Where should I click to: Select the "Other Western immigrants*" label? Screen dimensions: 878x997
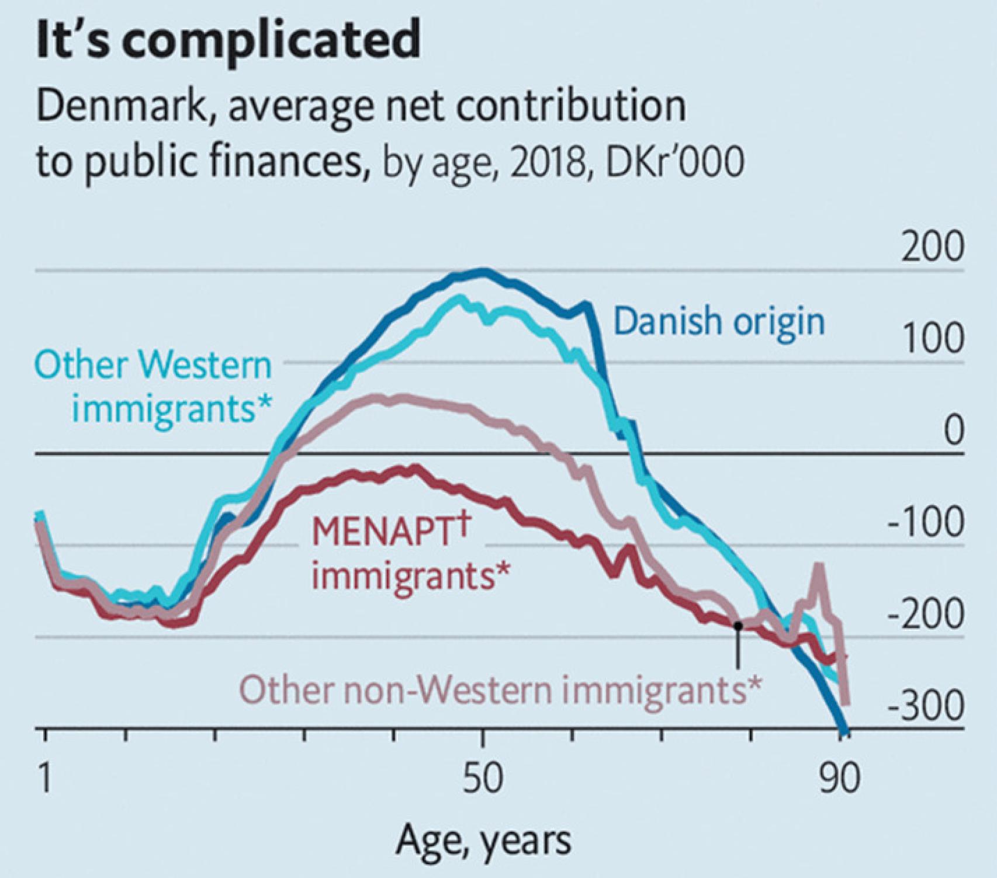tap(154, 387)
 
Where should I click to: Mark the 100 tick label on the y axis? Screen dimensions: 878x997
tap(933, 339)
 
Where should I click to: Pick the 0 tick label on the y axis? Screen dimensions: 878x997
tap(953, 431)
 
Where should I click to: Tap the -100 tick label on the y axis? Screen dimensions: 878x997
tap(926, 523)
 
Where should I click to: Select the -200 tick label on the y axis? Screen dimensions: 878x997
tap(926, 615)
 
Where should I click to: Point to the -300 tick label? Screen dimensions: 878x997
tap(926, 707)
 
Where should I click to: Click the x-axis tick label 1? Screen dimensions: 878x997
tap(45, 779)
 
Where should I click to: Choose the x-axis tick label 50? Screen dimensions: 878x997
tap(483, 779)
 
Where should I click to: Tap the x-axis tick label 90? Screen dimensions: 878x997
tap(839, 779)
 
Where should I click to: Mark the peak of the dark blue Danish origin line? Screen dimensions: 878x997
tap(483, 270)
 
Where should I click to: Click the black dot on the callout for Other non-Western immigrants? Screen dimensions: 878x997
tap(738, 626)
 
